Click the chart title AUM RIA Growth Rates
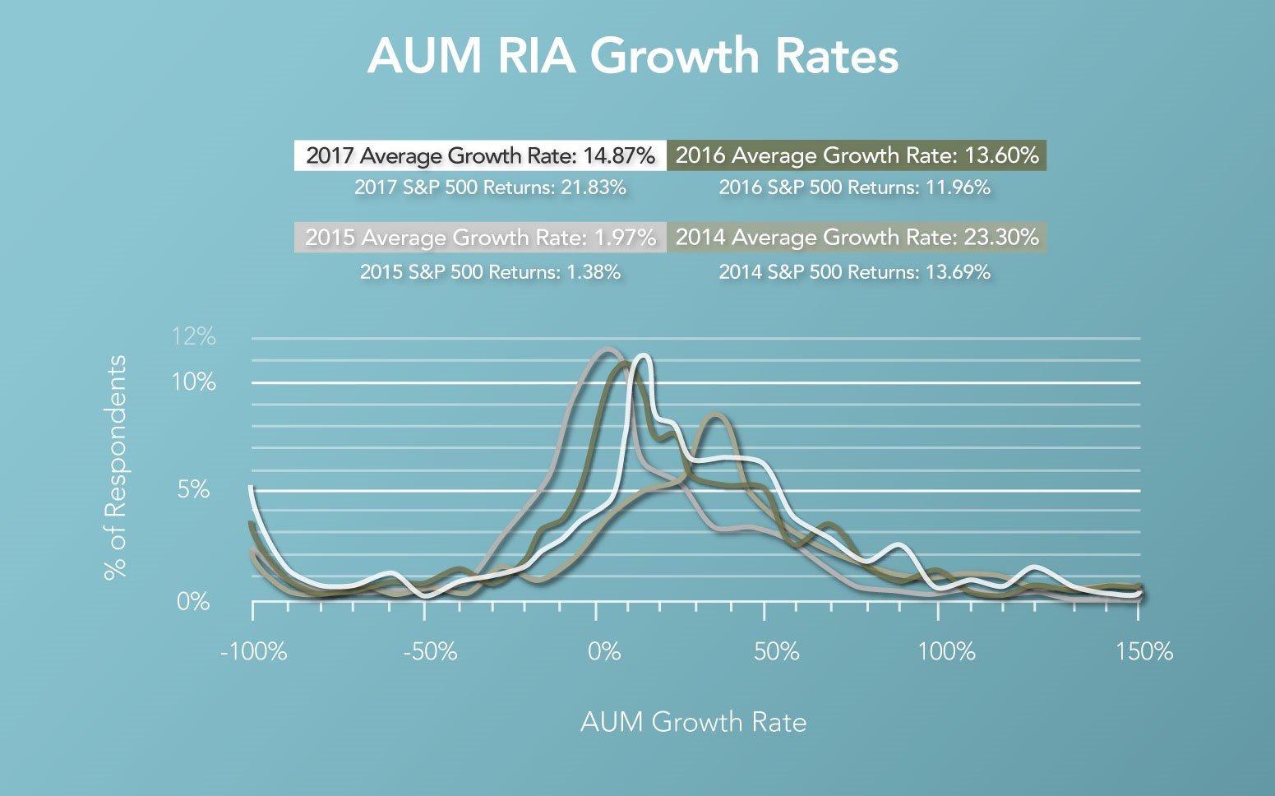pyautogui.click(x=633, y=57)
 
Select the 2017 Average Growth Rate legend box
pyautogui.click(x=480, y=155)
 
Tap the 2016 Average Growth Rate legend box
pyautogui.click(x=857, y=155)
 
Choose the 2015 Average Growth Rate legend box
pyautogui.click(x=480, y=238)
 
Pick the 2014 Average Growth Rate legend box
pyautogui.click(x=857, y=238)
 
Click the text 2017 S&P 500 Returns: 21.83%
pyautogui.click(x=490, y=187)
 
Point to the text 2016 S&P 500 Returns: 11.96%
pyautogui.click(x=854, y=187)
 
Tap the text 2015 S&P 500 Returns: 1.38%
pyautogui.click(x=490, y=271)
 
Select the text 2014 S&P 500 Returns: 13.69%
pyautogui.click(x=854, y=271)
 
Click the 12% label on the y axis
pyautogui.click(x=193, y=336)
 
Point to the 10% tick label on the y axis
pyautogui.click(x=195, y=382)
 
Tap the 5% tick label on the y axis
pyautogui.click(x=194, y=490)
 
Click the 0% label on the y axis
pyautogui.click(x=194, y=602)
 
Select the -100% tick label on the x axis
pyautogui.click(x=254, y=652)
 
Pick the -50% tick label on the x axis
pyautogui.click(x=430, y=652)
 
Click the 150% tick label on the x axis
pyautogui.click(x=1143, y=652)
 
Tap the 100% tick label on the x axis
pyautogui.click(x=946, y=652)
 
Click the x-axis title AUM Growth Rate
pyautogui.click(x=693, y=722)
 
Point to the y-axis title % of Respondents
pyautogui.click(x=116, y=467)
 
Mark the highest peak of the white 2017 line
pyautogui.click(x=643, y=356)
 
